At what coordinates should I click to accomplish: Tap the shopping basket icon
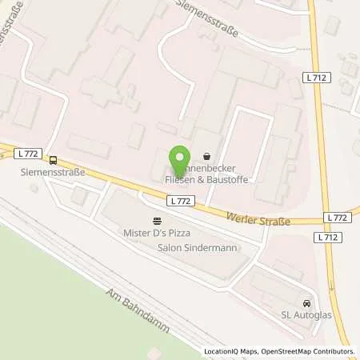pos(208,158)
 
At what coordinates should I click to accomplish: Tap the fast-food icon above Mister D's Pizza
pos(157,222)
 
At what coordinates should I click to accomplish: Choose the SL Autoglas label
pos(306,316)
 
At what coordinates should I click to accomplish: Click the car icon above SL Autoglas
pos(306,304)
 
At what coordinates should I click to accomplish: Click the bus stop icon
pos(54,159)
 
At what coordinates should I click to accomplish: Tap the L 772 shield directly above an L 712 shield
pos(337,218)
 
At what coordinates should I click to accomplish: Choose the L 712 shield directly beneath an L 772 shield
pos(337,238)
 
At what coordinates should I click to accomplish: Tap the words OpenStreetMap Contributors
pos(310,351)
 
